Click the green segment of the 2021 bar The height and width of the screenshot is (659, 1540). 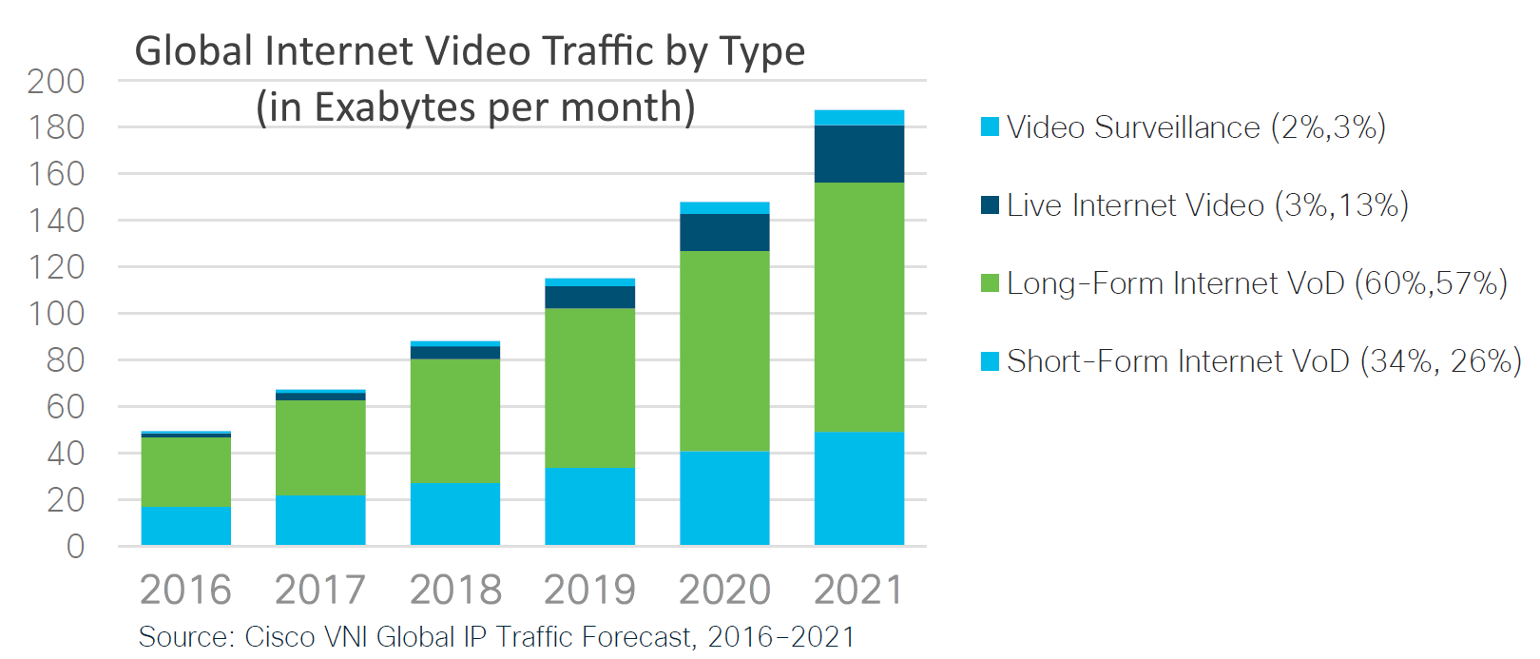[x=858, y=306]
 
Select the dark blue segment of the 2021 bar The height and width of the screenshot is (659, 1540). [x=858, y=153]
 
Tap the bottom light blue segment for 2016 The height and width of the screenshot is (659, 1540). [x=185, y=525]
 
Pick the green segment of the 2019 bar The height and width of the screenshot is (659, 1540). [x=589, y=387]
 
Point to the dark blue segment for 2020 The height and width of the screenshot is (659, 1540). [x=724, y=232]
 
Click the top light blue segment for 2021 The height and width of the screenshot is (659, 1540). [x=858, y=118]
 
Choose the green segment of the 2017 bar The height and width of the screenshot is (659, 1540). [x=320, y=447]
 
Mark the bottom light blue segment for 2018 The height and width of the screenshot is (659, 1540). [x=454, y=514]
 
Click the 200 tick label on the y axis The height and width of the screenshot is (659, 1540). [x=56, y=82]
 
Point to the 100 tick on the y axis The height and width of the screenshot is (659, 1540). [x=56, y=314]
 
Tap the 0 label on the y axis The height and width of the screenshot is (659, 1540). [x=75, y=547]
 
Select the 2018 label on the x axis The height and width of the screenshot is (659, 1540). [x=454, y=590]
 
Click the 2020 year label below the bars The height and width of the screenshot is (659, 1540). [x=724, y=590]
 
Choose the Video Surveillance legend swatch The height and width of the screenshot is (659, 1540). [x=990, y=126]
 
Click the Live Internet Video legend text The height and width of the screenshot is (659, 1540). [x=1207, y=205]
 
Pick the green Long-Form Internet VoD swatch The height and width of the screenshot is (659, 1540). [x=990, y=283]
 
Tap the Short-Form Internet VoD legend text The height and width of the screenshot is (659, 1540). [x=1264, y=361]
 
